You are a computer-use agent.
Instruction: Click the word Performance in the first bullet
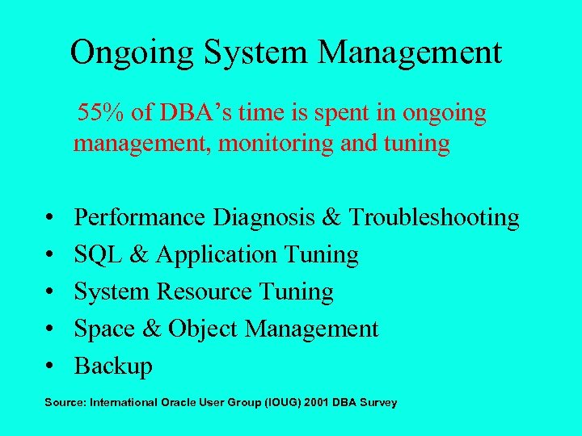tap(140, 217)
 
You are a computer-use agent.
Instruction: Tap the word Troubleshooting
tap(434, 217)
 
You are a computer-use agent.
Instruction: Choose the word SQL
tap(96, 254)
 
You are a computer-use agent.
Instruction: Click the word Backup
tap(113, 366)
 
